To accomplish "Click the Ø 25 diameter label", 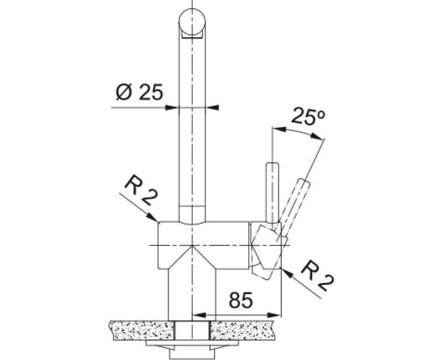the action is (x=140, y=92).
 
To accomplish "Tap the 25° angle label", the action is (x=308, y=116).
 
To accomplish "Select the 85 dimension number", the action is (x=240, y=300).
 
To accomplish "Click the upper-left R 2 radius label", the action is (x=141, y=191).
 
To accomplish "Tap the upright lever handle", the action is (x=272, y=192).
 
